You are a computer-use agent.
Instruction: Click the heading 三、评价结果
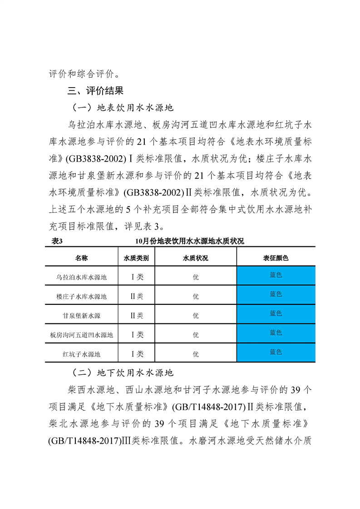pos(95,91)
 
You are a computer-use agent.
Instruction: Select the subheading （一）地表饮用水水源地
pos(123,108)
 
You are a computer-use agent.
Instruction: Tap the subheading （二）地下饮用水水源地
pos(123,373)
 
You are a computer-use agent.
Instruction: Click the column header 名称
pos(82,258)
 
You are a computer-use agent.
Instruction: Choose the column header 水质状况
pos(196,258)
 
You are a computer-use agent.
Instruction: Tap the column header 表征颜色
pos(276,258)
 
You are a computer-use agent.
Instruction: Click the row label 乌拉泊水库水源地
pos(82,277)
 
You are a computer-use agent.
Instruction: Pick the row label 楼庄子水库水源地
pos(82,296)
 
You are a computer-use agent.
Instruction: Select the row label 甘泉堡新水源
pos(82,315)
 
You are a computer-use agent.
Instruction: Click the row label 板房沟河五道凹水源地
pos(82,335)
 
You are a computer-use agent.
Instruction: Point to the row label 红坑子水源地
pos(82,354)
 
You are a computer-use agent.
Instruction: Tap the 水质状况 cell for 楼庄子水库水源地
pos(196,296)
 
